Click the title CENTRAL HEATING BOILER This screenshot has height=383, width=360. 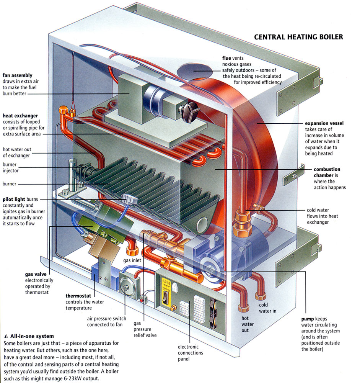298,37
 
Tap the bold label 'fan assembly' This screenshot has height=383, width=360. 18,75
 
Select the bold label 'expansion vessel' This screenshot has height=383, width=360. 324,123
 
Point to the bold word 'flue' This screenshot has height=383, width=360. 226,58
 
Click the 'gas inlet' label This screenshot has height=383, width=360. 133,260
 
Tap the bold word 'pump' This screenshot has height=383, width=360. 308,319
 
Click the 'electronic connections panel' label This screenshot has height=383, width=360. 191,353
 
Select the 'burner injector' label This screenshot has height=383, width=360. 10,167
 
